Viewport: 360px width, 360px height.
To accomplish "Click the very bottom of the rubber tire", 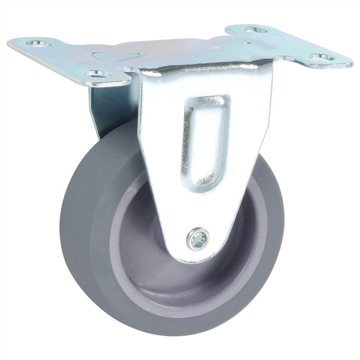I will (173, 333).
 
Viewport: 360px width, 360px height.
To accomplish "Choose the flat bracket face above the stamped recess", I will (205, 83).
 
